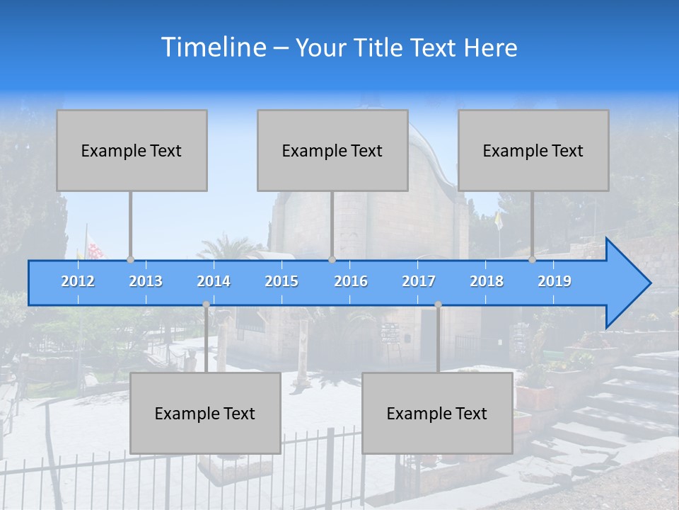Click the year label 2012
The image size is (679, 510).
(78, 281)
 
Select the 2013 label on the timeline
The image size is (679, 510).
(146, 281)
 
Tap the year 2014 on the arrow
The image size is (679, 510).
(214, 281)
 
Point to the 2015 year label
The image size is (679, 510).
(282, 281)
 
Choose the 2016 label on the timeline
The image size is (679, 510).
(351, 281)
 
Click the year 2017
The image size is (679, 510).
(419, 281)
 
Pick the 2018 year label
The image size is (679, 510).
(487, 281)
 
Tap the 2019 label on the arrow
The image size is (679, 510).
(555, 281)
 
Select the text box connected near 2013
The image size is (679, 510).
(132, 151)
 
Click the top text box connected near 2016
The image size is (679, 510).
(332, 151)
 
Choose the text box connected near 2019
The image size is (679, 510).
(533, 151)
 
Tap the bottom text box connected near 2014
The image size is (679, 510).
(205, 414)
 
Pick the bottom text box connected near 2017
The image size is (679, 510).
(437, 414)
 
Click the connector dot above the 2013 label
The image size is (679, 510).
(130, 260)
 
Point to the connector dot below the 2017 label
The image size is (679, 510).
(438, 305)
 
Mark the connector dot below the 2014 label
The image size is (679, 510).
(206, 305)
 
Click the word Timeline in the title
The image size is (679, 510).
(212, 47)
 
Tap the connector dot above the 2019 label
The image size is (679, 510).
(532, 260)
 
